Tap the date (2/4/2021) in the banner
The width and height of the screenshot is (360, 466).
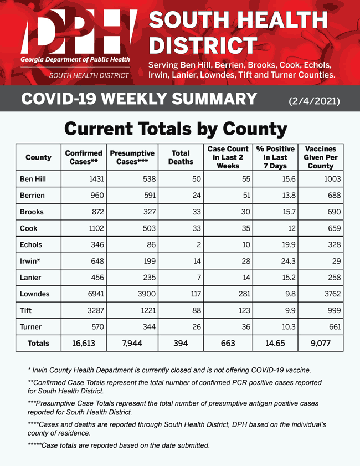314,100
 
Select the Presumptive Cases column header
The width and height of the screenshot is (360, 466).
132,158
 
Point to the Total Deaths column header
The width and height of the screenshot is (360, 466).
181,158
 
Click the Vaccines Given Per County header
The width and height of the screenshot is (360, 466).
321,158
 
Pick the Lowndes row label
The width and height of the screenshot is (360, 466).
35,294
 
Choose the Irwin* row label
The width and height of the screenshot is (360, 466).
31,261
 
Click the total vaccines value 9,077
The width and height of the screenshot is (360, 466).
321,344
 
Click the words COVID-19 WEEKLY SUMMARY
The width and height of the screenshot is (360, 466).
139,100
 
